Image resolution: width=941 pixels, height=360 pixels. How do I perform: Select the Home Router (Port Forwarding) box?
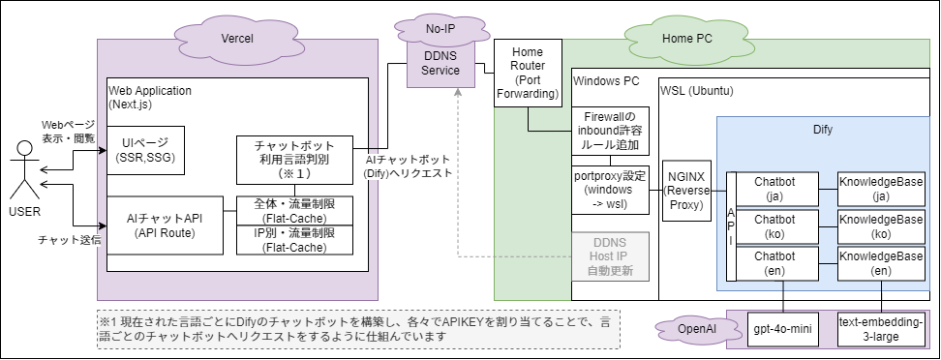tap(528, 74)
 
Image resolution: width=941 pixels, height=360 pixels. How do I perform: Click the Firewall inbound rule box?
tap(610, 131)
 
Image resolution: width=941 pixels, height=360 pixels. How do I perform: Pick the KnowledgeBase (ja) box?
tap(881, 188)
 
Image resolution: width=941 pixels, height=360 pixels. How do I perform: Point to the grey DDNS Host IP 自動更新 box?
tap(610, 255)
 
